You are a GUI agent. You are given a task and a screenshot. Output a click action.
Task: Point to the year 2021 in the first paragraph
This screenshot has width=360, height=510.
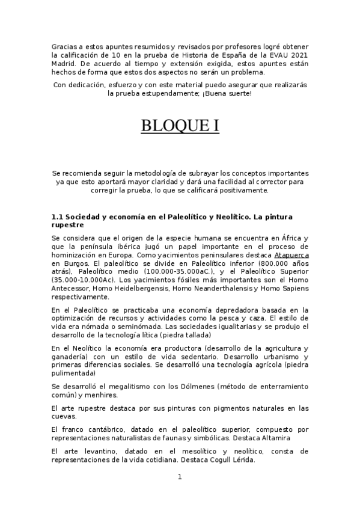[x=300, y=55]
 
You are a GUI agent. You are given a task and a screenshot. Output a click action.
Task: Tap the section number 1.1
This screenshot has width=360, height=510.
[x=58, y=216]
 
